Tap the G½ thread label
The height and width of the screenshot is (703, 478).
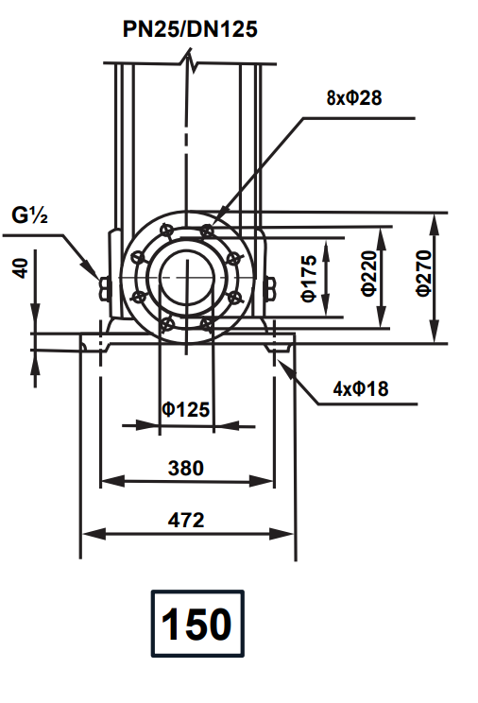[x=31, y=215]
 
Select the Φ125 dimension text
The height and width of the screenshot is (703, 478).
[x=185, y=409]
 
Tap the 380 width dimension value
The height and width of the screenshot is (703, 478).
[x=185, y=467]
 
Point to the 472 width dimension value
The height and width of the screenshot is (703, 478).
[x=185, y=520]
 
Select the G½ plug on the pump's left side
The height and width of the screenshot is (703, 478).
[x=104, y=282]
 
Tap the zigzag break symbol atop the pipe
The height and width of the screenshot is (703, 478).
[x=193, y=65]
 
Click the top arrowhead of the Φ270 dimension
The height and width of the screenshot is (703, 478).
[x=434, y=217]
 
